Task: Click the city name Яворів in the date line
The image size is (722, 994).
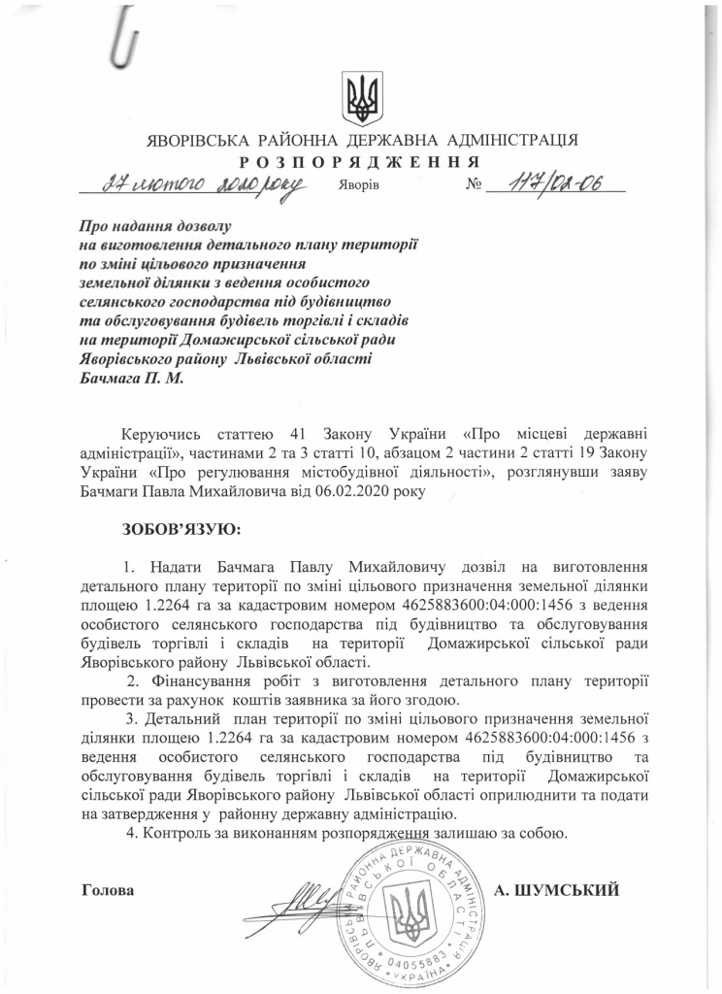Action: coord(360,184)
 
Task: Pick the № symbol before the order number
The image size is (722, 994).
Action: coord(475,183)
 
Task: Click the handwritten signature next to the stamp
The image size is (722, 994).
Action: coord(310,899)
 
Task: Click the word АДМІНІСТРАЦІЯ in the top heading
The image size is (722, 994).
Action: coord(511,141)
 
